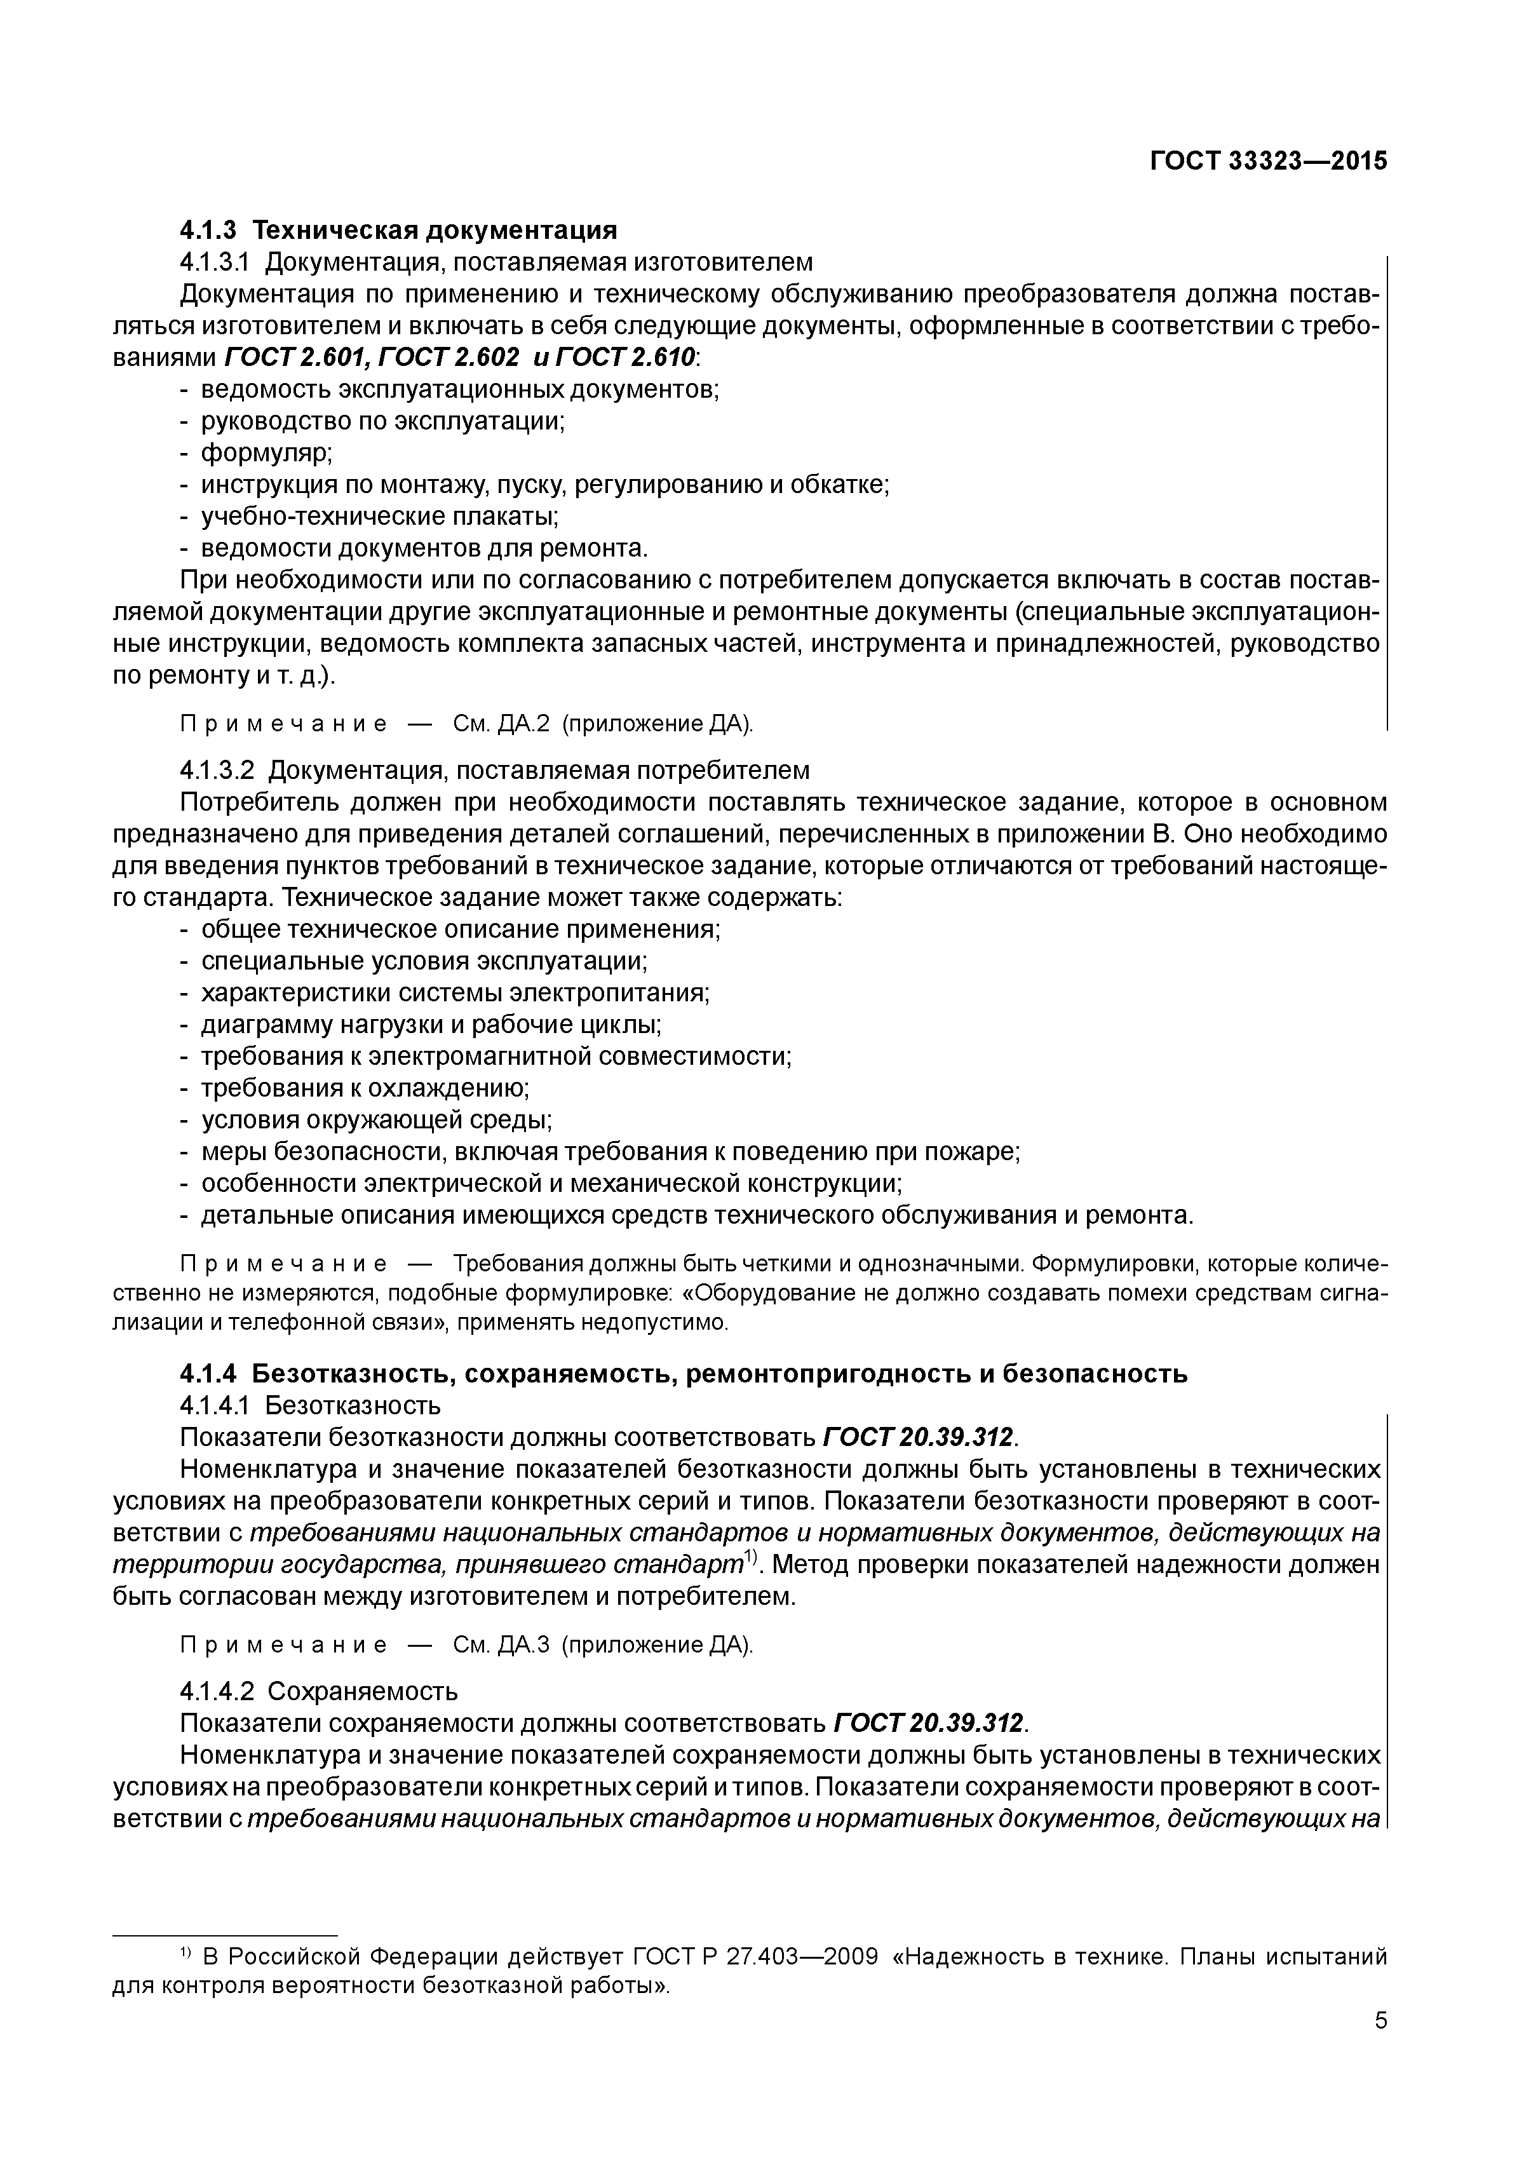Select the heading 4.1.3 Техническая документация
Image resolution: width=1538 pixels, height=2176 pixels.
[x=398, y=229]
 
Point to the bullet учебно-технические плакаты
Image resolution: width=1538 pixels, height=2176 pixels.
[x=379, y=517]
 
